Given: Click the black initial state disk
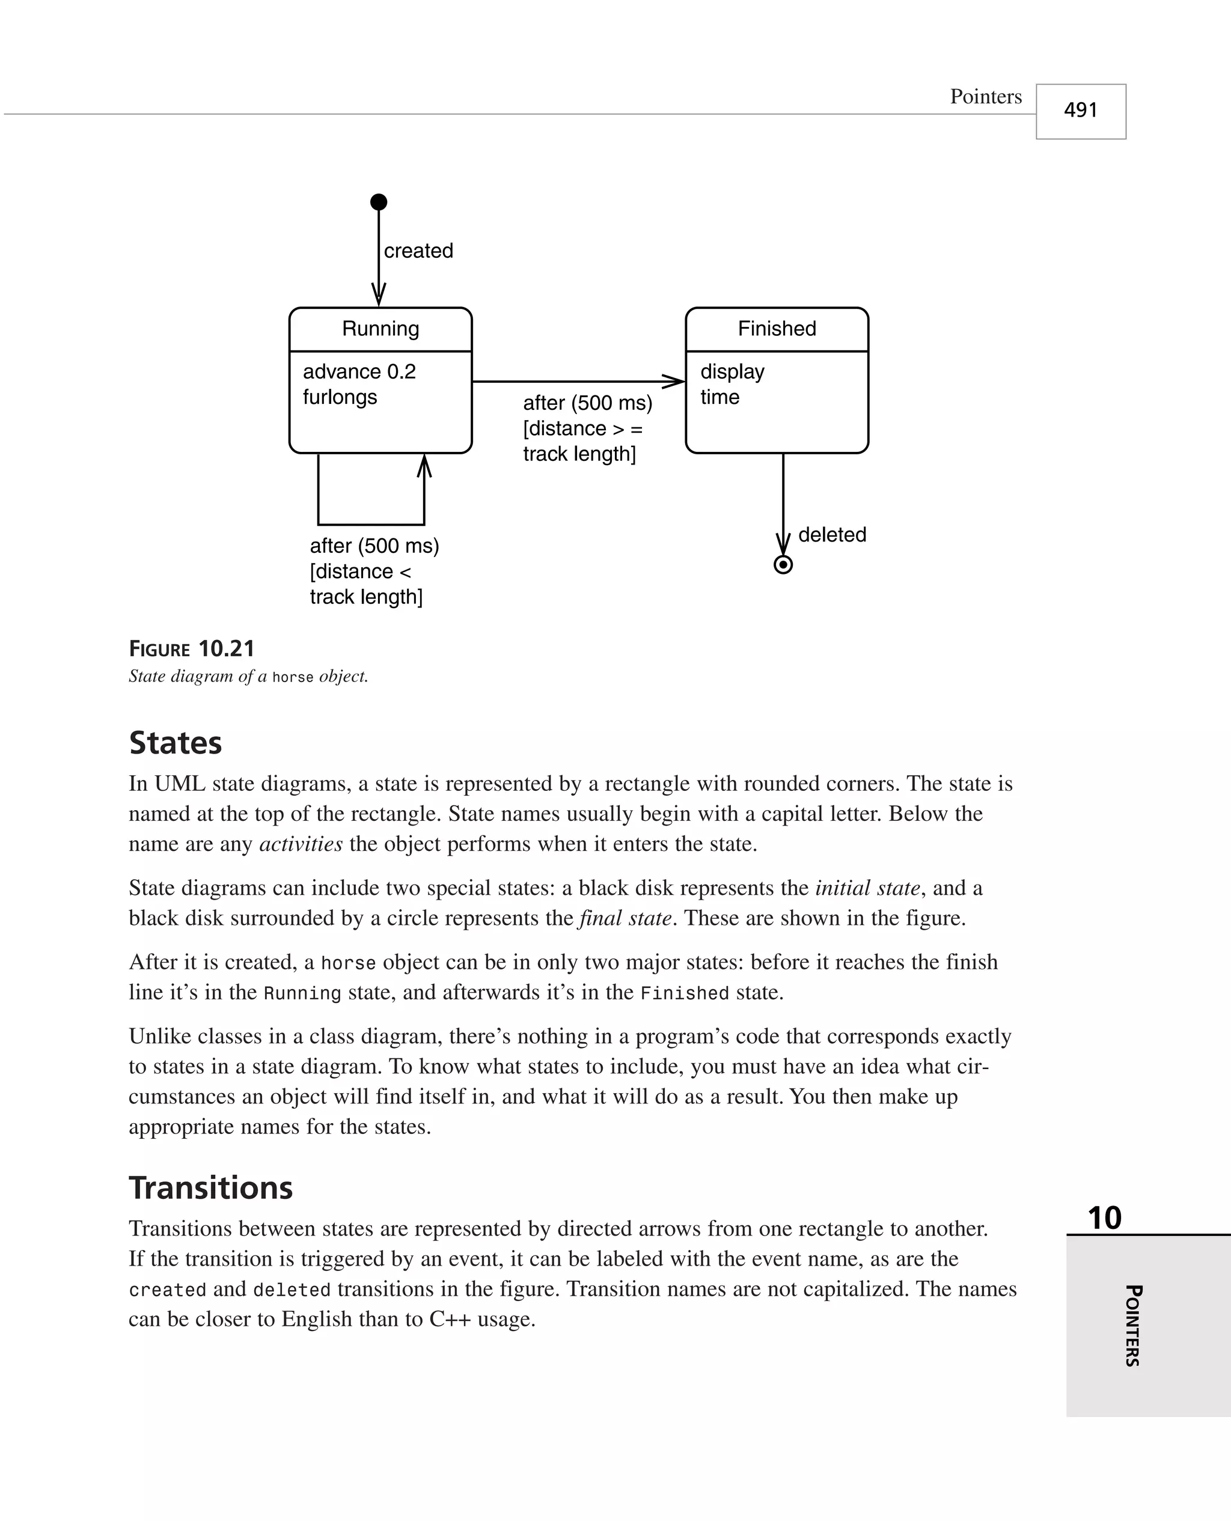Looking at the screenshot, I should coord(379,202).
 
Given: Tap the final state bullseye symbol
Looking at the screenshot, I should coord(783,565).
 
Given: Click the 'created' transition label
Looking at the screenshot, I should coord(418,251).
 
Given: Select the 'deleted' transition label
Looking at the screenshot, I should coord(832,534).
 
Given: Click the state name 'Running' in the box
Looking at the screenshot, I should coord(381,329).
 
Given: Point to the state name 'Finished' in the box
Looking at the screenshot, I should coord(777,329).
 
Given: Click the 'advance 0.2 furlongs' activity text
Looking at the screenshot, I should coord(359,384).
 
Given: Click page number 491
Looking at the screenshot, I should coord(1080,111).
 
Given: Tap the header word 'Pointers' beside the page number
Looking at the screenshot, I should coord(986,96).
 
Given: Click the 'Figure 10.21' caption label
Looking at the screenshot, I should coord(192,648).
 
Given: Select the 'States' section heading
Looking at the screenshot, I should coord(175,743).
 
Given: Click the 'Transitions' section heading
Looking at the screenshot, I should coord(210,1188).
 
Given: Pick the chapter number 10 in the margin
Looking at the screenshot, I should coord(1104,1218).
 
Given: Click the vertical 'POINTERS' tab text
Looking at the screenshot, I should coord(1132,1325).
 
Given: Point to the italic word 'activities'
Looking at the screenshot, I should coord(301,844).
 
